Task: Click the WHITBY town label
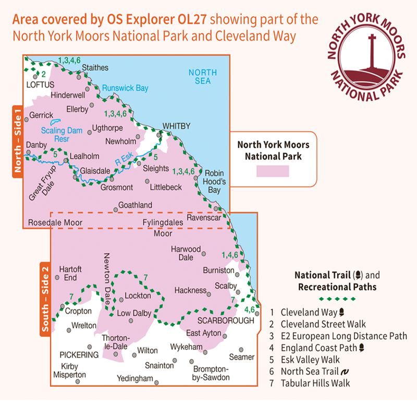pyautogui.click(x=177, y=126)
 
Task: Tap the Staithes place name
pyautogui.click(x=95, y=68)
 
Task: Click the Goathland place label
pyautogui.click(x=136, y=205)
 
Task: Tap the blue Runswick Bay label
pyautogui.click(x=125, y=88)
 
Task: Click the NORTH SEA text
pyautogui.click(x=202, y=77)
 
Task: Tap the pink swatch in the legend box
pyautogui.click(x=273, y=171)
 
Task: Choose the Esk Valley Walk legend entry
pyautogui.click(x=310, y=360)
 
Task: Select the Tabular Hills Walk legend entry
pyautogui.click(x=315, y=384)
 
